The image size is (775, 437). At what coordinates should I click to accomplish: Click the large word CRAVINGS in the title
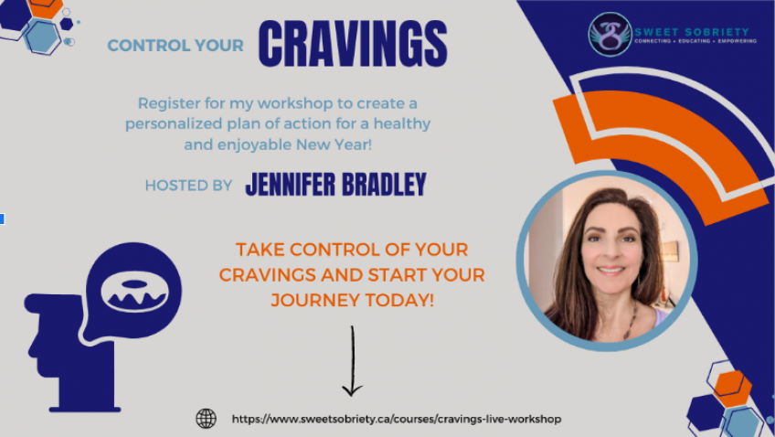click(353, 44)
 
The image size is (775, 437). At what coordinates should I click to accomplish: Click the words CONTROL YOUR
click(175, 46)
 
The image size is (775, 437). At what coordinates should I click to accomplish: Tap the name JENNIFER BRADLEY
click(335, 185)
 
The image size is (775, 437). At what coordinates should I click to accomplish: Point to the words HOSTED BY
click(188, 186)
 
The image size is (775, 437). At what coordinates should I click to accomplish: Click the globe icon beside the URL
click(207, 418)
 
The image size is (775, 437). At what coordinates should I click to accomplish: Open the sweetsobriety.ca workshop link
click(397, 420)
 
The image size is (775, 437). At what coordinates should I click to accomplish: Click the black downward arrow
click(353, 361)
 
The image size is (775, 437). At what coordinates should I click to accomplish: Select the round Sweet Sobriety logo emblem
click(610, 34)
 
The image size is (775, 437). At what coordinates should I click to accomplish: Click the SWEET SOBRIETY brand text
click(692, 32)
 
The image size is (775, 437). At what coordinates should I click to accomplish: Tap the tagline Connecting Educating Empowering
click(695, 41)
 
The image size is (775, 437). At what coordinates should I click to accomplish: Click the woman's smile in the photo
click(610, 271)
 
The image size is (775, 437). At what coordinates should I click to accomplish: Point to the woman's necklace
click(632, 321)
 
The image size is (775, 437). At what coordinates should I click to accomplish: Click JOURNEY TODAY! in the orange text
click(353, 300)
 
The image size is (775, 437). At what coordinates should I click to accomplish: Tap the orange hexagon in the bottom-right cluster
click(732, 389)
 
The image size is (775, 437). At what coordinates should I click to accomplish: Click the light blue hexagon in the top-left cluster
click(43, 37)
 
